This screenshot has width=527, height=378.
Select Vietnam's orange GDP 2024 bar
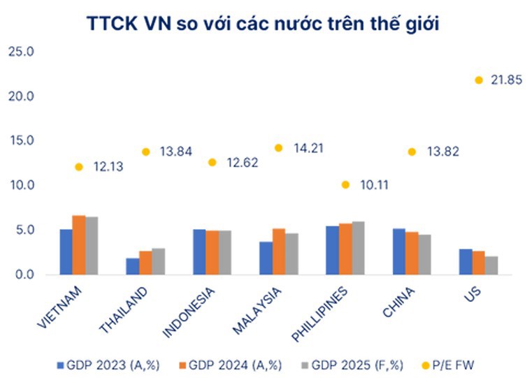coord(79,245)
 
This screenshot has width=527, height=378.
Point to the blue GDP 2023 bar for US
coord(465,261)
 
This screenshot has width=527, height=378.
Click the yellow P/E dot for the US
coord(479,80)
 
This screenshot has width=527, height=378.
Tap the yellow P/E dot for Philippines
coord(345,184)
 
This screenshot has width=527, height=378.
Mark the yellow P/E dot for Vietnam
coord(79,167)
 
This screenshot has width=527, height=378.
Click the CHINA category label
coord(398,298)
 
